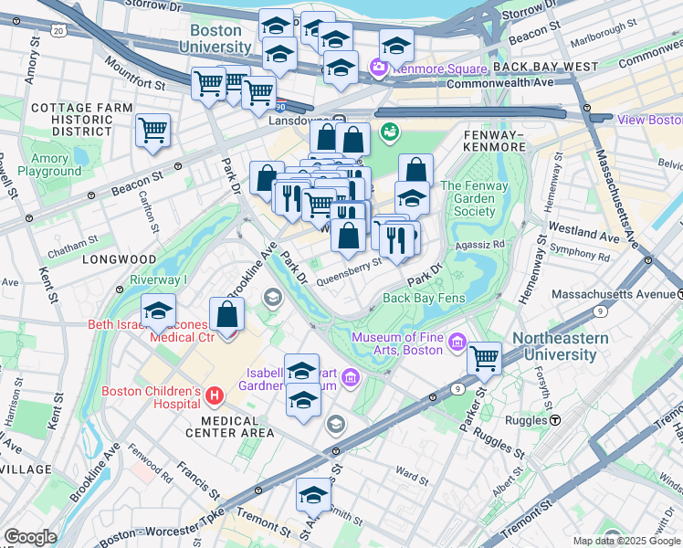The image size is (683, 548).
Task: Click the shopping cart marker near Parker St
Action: point(484,358)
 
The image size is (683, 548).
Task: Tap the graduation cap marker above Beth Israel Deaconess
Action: point(158,311)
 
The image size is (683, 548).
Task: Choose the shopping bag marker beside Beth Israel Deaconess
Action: point(226,316)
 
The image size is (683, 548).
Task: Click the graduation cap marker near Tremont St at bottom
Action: point(312,495)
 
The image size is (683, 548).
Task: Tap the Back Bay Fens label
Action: point(425,298)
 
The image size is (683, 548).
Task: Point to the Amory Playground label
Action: point(48,164)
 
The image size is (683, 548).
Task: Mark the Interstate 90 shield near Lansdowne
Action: point(281,107)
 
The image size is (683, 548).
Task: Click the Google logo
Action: point(30,537)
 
